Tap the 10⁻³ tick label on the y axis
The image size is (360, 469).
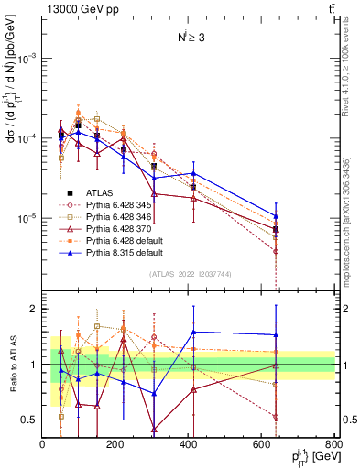point(26,58)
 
